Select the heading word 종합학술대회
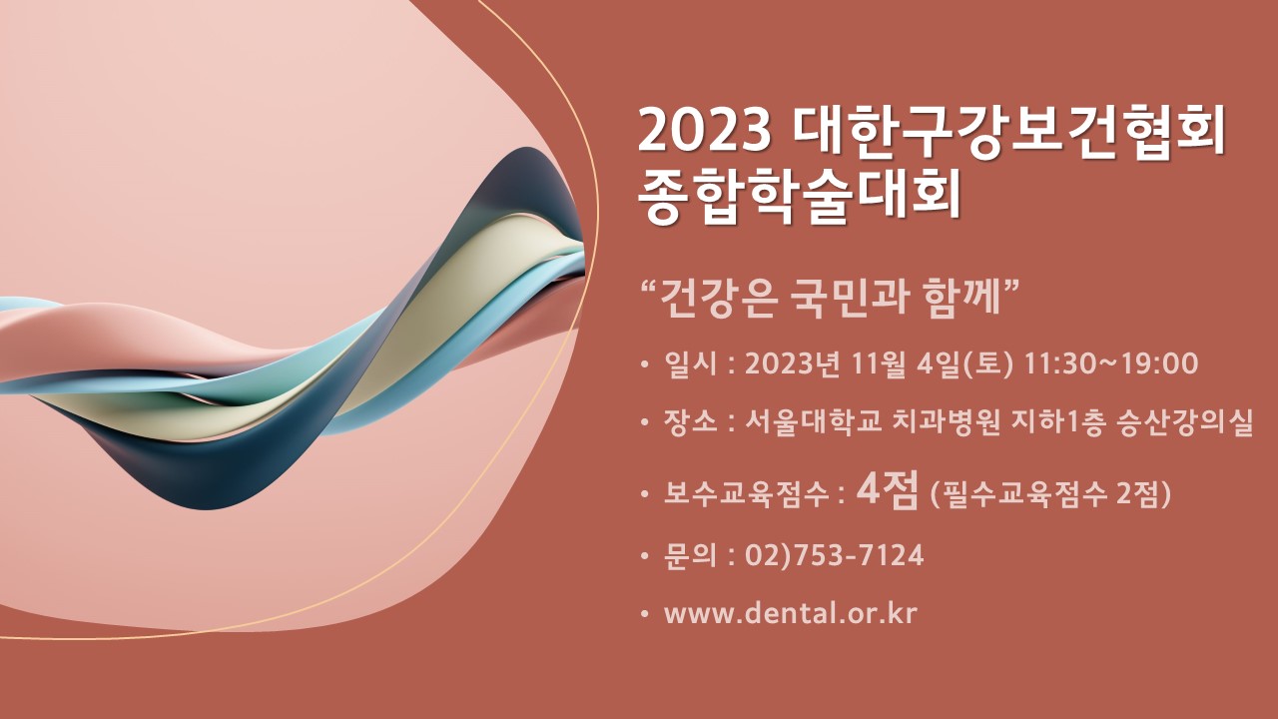click(800, 197)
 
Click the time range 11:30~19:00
click(1111, 364)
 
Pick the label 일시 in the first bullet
click(690, 364)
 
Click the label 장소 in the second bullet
click(690, 422)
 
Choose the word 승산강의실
click(1185, 422)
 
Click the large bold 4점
click(888, 489)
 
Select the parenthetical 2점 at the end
click(1143, 494)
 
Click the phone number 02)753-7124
click(834, 555)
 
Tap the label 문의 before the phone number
click(690, 555)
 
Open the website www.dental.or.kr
click(791, 613)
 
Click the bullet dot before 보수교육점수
click(645, 494)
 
